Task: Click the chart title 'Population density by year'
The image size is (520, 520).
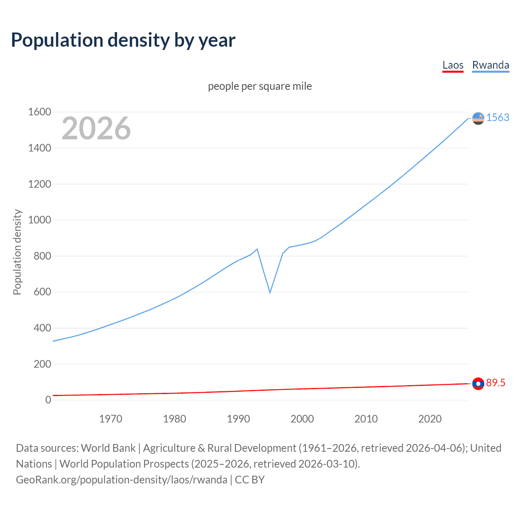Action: tap(123, 40)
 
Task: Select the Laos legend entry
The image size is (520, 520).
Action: tap(453, 65)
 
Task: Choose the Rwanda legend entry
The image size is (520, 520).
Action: tap(490, 65)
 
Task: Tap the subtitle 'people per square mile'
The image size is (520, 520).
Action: tap(260, 86)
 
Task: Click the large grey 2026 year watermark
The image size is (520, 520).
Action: tap(96, 128)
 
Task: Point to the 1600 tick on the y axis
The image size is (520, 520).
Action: tap(39, 112)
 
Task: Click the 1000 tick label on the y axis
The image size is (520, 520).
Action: tap(39, 220)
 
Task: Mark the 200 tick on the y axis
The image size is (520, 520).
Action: tap(42, 364)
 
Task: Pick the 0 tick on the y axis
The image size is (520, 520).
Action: tap(48, 400)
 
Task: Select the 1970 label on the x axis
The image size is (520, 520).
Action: tap(110, 418)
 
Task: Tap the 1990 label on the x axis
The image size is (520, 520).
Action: tap(238, 418)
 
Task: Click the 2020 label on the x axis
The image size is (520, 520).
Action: tap(430, 418)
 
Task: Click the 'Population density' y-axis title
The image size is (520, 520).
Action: tap(17, 252)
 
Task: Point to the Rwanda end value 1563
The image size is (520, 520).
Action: tap(498, 117)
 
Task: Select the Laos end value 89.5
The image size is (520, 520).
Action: tap(496, 383)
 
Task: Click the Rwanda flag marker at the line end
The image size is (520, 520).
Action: tap(478, 118)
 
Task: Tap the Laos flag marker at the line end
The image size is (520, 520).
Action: tap(478, 383)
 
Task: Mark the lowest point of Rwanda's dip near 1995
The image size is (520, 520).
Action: tap(270, 292)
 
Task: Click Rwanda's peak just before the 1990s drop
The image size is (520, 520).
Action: tap(257, 249)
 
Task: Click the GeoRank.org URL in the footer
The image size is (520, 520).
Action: tap(121, 480)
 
